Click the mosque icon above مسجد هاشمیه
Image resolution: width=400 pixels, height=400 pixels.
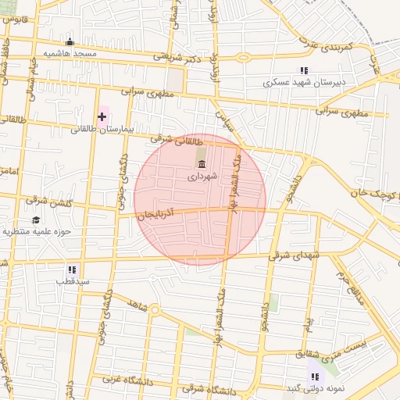click(70, 42)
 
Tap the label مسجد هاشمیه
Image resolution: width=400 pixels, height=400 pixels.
click(70, 53)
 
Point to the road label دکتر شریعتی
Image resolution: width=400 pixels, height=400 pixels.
click(182, 56)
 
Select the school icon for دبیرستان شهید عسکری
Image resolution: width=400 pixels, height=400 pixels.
click(304, 70)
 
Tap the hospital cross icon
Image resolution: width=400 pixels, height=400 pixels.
click(102, 117)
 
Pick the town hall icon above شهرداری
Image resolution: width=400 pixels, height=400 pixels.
click(202, 164)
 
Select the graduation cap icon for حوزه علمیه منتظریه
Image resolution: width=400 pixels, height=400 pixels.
click(36, 220)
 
